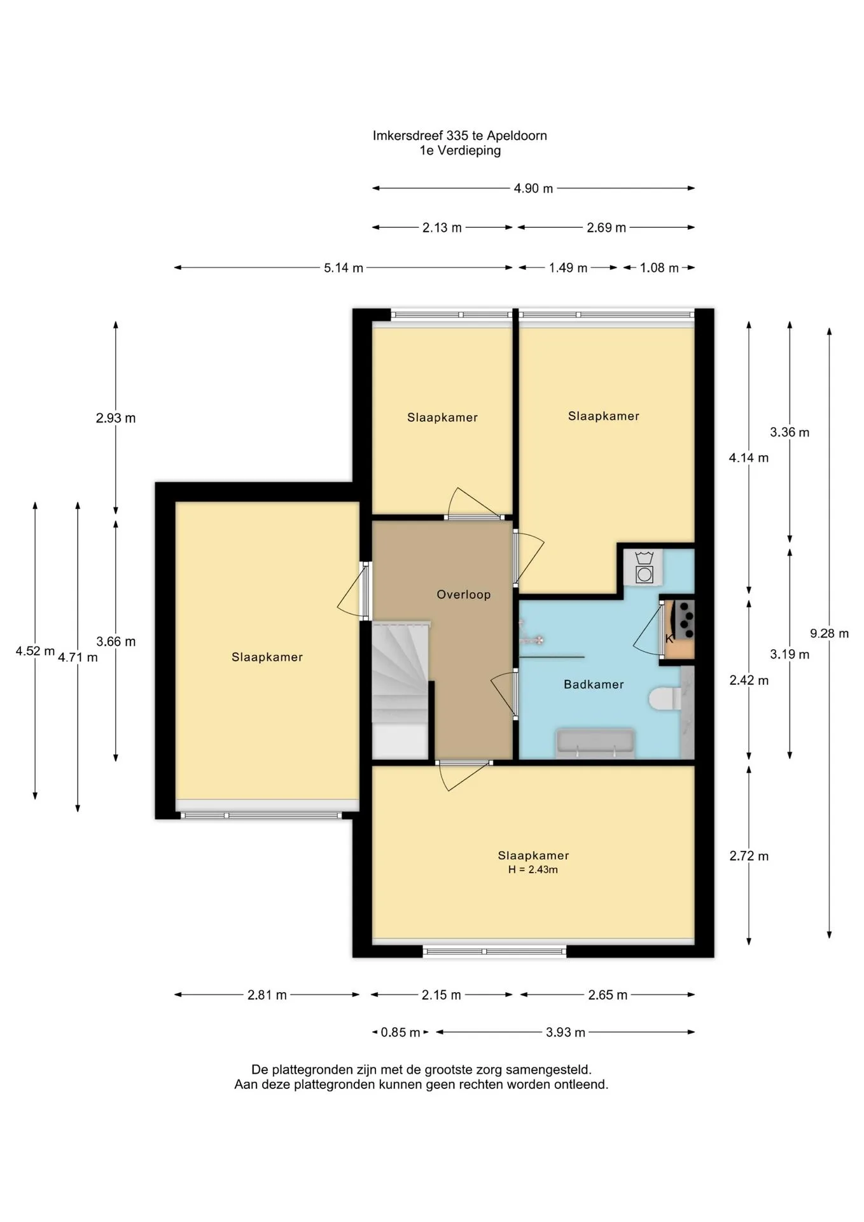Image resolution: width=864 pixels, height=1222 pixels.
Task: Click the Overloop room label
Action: click(463, 594)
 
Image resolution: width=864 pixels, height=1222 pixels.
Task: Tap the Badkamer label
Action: click(594, 684)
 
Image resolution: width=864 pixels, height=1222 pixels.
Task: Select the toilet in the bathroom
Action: click(664, 698)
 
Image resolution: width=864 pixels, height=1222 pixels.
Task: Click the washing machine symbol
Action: click(644, 567)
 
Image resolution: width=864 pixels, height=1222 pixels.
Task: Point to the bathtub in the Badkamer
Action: click(596, 743)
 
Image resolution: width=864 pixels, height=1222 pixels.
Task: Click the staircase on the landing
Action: click(401, 689)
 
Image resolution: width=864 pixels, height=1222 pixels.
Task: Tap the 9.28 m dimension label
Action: click(829, 633)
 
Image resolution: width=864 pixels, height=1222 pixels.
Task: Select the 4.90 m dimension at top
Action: click(533, 188)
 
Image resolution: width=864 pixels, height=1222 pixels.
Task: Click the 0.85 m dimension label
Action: click(400, 1032)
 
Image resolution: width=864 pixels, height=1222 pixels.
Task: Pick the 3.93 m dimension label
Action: click(565, 1032)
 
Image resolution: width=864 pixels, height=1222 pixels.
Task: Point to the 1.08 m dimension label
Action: click(659, 268)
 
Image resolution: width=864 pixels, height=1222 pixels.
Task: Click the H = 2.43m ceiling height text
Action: click(533, 869)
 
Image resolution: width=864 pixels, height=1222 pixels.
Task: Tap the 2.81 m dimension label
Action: click(267, 995)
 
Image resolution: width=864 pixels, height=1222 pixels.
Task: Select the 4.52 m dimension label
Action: click(35, 651)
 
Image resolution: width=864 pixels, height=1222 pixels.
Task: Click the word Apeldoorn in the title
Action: click(517, 136)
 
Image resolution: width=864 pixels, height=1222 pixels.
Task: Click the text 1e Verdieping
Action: click(460, 151)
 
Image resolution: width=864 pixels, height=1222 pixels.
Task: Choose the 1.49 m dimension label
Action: click(568, 268)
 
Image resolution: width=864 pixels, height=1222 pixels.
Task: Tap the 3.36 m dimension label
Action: click(790, 432)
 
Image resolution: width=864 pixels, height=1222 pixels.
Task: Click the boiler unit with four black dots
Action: click(686, 619)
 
